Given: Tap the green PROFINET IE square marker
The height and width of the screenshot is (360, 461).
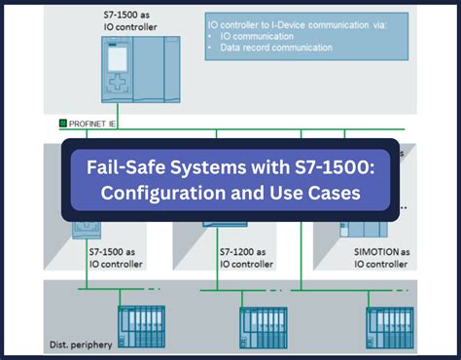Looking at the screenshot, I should [64, 124].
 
